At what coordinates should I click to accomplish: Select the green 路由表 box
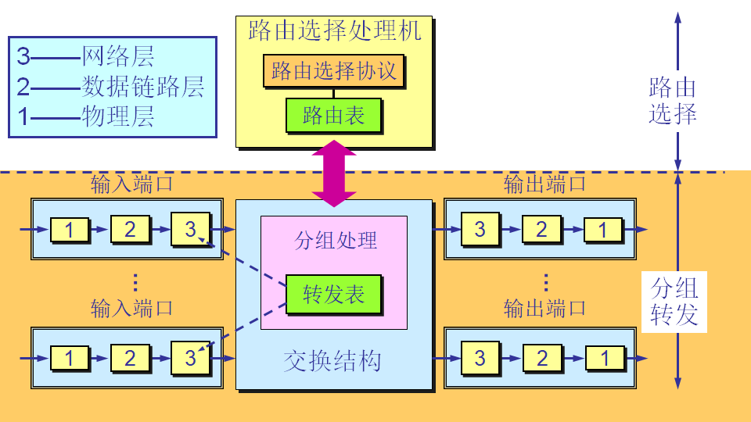tap(333, 116)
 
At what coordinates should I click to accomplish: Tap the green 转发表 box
tap(333, 294)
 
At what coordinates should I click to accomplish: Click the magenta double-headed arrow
tap(334, 173)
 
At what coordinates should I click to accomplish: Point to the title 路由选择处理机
tap(335, 31)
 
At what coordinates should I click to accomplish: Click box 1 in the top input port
tap(70, 230)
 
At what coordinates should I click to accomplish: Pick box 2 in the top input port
tap(130, 229)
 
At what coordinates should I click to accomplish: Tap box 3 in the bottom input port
tap(191, 358)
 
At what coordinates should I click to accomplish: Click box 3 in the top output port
tap(480, 229)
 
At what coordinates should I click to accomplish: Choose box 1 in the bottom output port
tap(603, 359)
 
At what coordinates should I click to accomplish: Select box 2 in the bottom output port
tap(541, 358)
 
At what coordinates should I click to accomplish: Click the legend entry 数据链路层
tap(143, 86)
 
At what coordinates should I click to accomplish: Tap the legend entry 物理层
tap(118, 116)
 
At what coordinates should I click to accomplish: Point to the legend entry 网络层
tap(118, 55)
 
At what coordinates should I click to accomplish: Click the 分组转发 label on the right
tap(674, 302)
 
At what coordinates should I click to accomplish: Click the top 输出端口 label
tap(544, 184)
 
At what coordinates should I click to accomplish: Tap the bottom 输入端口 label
tap(131, 307)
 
